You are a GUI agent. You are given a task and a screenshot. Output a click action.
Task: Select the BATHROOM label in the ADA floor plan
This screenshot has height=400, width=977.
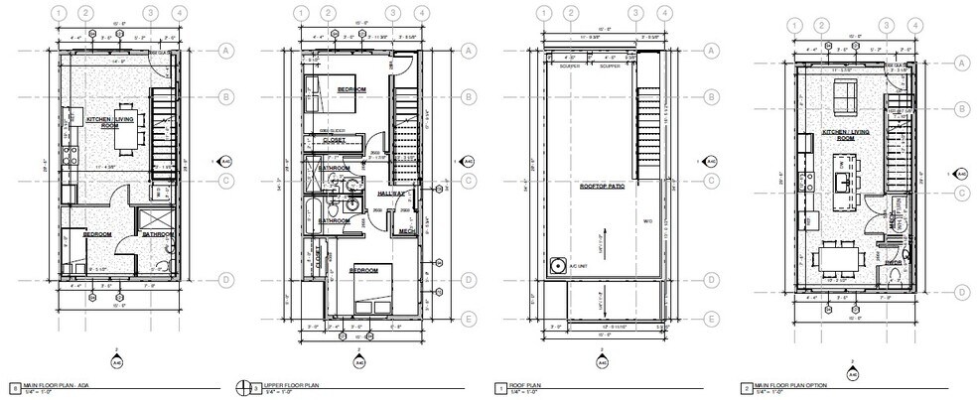pos(159,235)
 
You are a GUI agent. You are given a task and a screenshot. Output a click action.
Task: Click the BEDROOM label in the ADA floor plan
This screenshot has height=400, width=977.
pos(96,235)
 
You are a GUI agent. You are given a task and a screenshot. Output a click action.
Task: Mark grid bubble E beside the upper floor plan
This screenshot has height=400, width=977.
pos(469,319)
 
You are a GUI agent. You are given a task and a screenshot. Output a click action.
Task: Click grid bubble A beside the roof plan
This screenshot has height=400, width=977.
pos(711,51)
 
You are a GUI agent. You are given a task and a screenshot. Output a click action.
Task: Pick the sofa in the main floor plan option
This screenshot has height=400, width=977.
pos(847,97)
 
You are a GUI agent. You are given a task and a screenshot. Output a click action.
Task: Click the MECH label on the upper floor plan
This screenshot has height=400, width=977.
pos(405,232)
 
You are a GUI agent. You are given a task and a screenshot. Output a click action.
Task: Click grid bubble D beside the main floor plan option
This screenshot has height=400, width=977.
pos(961,292)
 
